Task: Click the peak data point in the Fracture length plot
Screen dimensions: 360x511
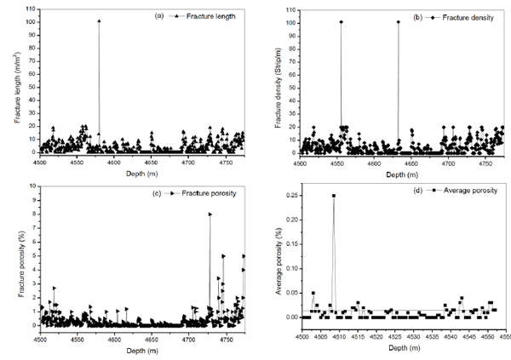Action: [99, 20]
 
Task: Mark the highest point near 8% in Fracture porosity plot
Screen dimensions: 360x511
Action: [210, 214]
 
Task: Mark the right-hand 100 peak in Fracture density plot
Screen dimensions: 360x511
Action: [398, 21]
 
